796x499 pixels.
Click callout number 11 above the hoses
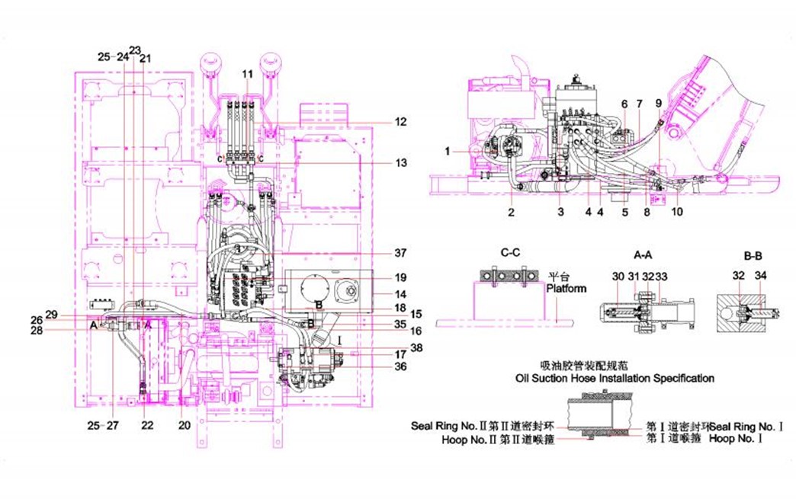[x=247, y=73]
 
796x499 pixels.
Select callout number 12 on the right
[x=401, y=122]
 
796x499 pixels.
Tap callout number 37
[x=401, y=253]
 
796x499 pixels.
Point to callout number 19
[x=401, y=277]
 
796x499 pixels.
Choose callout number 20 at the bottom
[x=183, y=424]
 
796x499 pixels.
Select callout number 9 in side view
[x=660, y=103]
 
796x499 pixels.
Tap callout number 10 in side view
[x=677, y=212]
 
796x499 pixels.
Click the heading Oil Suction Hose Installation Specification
[x=615, y=378]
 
